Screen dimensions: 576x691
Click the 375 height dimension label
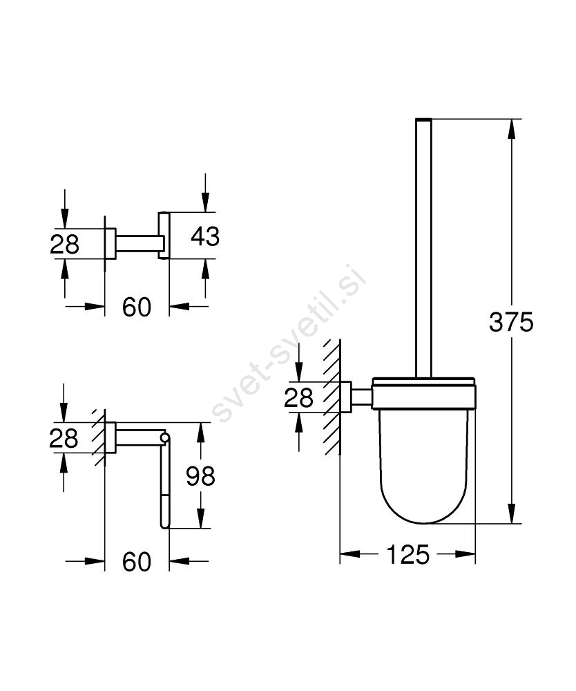[511, 322]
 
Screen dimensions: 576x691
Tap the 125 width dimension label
[407, 554]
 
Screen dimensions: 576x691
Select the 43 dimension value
[204, 236]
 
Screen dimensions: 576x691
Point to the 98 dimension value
[200, 476]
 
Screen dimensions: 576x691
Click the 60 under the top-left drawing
[137, 307]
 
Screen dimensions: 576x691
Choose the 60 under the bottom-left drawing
[137, 561]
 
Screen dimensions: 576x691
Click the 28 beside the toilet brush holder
[298, 397]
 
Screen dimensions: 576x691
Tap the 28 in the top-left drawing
[64, 244]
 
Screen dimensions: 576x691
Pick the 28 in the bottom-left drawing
[64, 438]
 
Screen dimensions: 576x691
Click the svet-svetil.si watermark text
[289, 343]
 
